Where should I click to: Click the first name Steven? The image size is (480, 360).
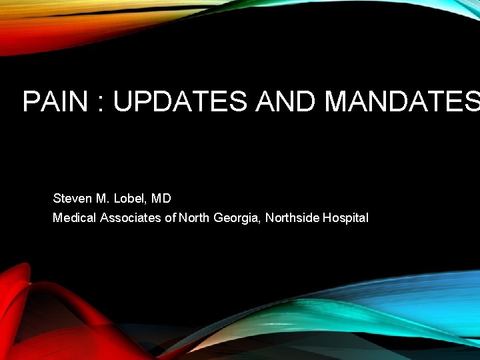point(72,198)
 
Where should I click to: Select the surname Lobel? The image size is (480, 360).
point(131,198)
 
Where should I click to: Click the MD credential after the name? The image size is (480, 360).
point(161,198)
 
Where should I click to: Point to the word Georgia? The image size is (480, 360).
point(236,218)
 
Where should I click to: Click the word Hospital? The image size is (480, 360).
point(345,218)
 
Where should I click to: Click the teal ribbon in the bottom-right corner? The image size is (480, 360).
point(400,313)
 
